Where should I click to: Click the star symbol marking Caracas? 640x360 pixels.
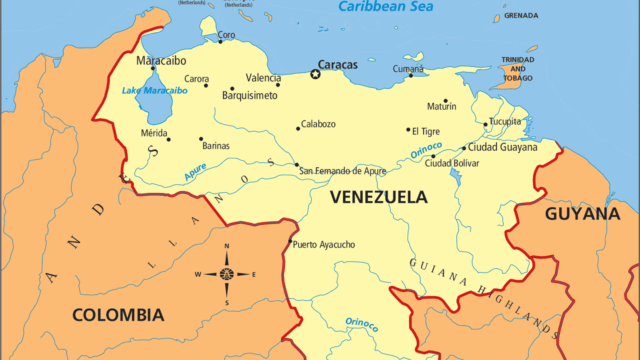coord(316,74)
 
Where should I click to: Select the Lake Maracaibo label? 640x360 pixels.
coord(154,91)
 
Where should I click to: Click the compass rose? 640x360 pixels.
coord(226,274)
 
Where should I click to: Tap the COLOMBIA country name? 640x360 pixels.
coord(118,314)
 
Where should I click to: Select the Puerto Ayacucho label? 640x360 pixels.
coord(323,244)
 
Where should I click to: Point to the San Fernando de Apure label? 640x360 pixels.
coord(343,171)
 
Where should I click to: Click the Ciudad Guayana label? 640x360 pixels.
coord(503,146)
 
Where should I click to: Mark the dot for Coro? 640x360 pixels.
coord(220,42)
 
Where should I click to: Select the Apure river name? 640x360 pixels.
coord(197,171)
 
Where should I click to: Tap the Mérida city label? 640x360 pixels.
coord(153,132)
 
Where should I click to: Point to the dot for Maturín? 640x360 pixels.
coord(446,100)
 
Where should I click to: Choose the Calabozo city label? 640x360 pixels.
coord(319,124)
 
